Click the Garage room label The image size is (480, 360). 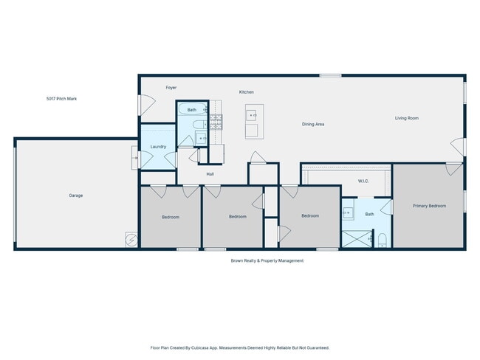point(75,195)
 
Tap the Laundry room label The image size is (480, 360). point(158,147)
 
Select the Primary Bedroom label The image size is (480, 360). point(429,206)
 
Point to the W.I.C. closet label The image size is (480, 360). point(363,181)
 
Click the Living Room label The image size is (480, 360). point(406,118)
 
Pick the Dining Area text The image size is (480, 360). point(313,124)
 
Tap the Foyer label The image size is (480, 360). point(171,88)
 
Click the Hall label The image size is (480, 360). point(210,174)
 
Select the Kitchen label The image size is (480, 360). point(246,92)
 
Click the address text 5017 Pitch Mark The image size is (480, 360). point(61,98)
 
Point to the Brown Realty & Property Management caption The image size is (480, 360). point(267,260)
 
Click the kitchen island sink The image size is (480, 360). point(252,115)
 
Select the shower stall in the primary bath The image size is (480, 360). point(357,240)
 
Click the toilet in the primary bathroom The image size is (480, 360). point(382,240)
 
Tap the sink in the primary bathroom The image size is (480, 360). point(349,214)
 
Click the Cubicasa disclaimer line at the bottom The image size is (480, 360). point(239,347)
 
